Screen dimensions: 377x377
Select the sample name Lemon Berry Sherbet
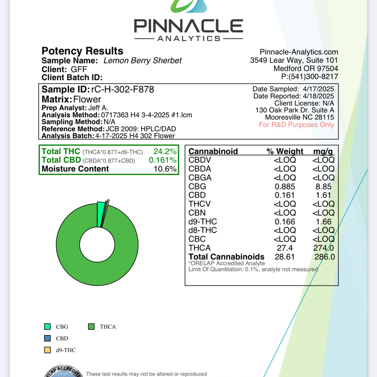(x=143, y=61)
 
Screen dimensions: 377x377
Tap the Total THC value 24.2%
(x=165, y=152)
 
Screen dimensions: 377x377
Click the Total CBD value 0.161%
(x=162, y=160)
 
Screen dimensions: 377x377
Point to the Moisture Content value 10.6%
(x=165, y=169)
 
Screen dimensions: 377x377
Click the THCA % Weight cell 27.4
(x=285, y=248)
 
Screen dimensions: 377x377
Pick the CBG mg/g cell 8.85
(x=324, y=187)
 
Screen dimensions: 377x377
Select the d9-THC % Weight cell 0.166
(x=285, y=222)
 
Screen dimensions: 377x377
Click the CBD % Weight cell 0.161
(x=285, y=195)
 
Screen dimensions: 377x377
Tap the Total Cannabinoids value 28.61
(x=285, y=257)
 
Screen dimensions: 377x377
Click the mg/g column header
(x=323, y=152)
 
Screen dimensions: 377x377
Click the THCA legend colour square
(x=91, y=327)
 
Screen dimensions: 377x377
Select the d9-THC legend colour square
(x=48, y=350)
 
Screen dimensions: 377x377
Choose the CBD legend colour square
(x=48, y=339)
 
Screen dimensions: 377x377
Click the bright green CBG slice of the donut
(x=101, y=214)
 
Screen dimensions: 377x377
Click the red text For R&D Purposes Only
(x=296, y=125)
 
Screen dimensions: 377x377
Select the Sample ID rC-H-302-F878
(x=123, y=90)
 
